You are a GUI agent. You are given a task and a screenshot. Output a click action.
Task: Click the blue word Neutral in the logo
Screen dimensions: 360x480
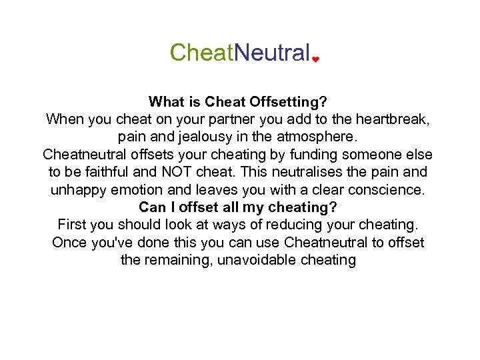click(273, 52)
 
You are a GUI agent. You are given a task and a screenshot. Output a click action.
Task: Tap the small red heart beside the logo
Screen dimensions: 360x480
click(315, 59)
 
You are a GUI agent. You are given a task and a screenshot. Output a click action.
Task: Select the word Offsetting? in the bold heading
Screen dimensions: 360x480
click(288, 102)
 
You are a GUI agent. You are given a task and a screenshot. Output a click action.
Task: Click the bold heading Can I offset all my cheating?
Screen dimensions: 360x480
click(238, 207)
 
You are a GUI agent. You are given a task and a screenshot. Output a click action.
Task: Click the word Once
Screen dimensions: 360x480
click(70, 242)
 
